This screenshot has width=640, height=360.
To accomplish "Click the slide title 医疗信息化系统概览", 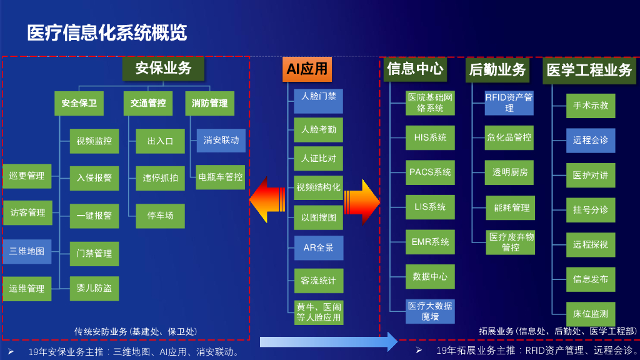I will point(107,32).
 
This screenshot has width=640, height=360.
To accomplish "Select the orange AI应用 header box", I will point(307,69).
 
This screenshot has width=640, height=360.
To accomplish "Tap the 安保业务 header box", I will point(164,67).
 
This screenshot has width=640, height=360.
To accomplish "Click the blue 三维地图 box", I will point(27,251).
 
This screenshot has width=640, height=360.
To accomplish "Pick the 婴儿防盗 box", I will point(94,288).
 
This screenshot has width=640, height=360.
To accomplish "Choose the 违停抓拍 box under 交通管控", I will point(160,178).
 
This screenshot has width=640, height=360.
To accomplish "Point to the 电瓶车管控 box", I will point(221,177).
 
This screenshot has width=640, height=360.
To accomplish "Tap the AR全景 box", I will point(319,247).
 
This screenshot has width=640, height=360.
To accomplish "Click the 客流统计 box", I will point(319,281).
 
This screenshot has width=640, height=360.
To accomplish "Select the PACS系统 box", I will point(430,172).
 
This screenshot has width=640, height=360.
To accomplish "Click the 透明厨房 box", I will point(509,172).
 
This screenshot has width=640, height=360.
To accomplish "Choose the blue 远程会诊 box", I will point(591,140).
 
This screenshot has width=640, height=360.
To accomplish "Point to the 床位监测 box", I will point(591,314).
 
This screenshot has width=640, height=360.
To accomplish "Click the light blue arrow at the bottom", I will point(328,342).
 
